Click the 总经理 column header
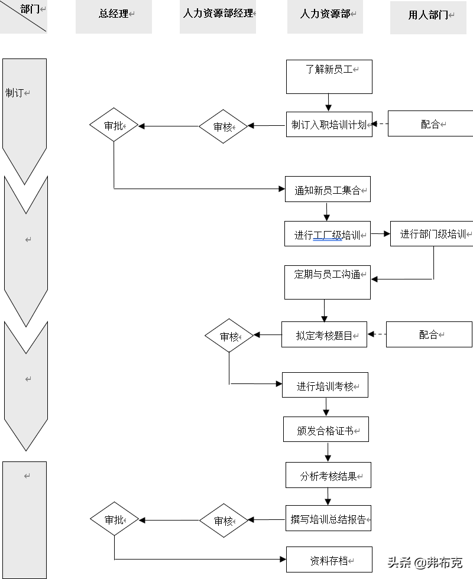click(114, 16)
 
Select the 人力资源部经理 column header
click(218, 16)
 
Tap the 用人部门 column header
click(428, 17)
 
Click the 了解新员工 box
click(329, 76)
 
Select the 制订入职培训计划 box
click(329, 125)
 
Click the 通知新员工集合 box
click(328, 189)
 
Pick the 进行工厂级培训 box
click(327, 234)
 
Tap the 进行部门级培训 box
click(432, 233)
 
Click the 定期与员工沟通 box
click(328, 282)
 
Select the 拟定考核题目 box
click(324, 334)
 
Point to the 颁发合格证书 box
click(326, 430)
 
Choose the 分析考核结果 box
click(328, 475)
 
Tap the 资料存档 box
click(329, 559)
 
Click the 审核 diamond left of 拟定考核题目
click(229, 336)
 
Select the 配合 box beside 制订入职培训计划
click(430, 123)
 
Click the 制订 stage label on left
click(18, 93)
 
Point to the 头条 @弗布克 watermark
click(425, 562)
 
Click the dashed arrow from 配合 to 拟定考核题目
click(377, 334)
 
